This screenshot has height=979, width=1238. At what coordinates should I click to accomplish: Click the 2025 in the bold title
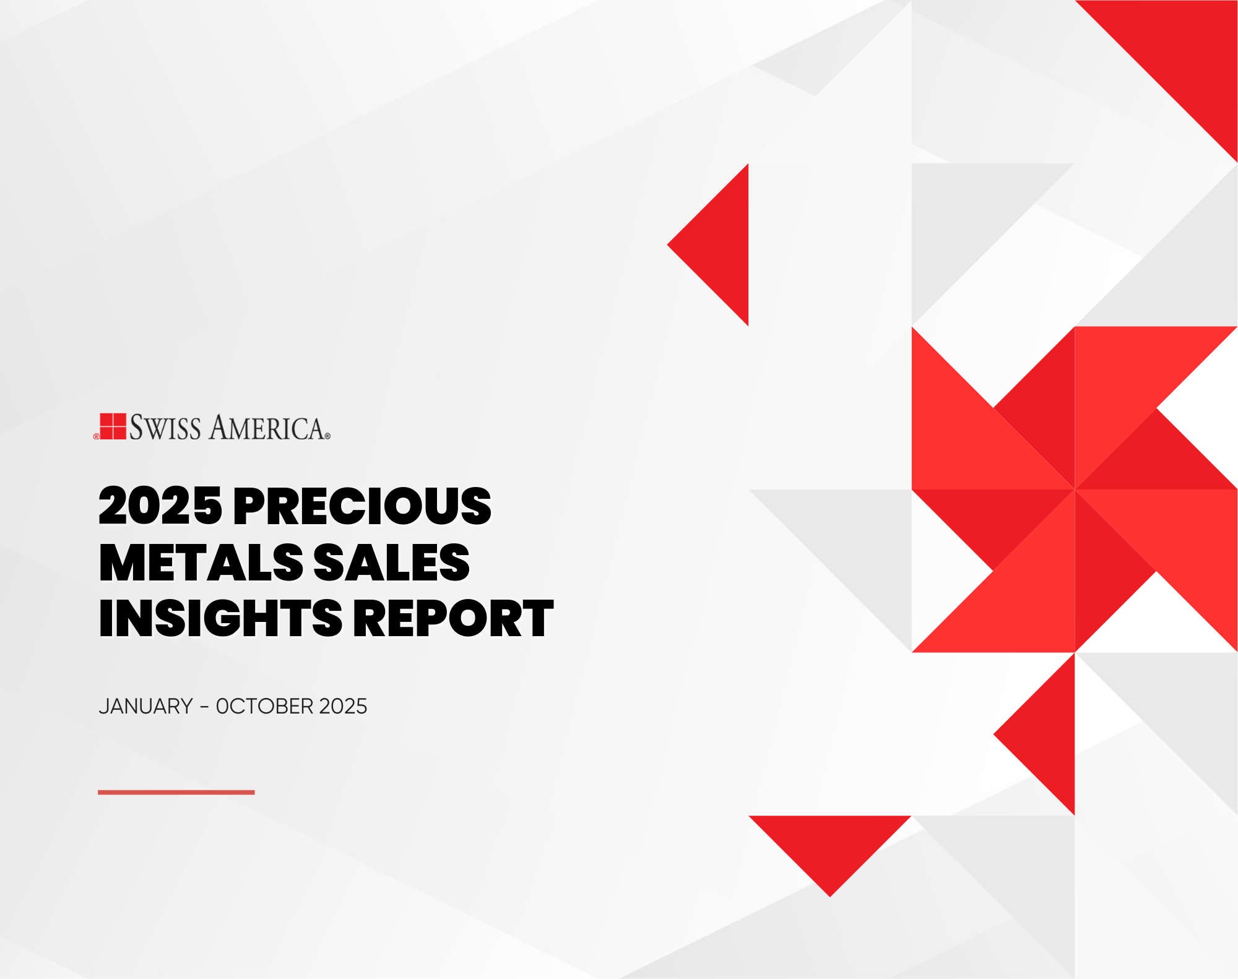click(160, 506)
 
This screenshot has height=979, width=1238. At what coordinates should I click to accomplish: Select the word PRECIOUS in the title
click(362, 506)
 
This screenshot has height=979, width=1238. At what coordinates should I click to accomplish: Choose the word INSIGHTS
click(220, 618)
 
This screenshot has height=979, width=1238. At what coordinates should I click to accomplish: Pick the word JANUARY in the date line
click(146, 706)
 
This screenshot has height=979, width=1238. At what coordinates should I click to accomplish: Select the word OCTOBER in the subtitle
click(264, 706)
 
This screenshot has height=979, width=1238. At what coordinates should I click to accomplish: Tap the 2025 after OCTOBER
click(343, 706)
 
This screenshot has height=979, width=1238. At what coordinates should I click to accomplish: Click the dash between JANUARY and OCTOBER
click(204, 707)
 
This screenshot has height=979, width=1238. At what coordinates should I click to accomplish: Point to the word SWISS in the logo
click(165, 428)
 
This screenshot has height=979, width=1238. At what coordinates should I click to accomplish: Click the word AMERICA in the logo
click(267, 428)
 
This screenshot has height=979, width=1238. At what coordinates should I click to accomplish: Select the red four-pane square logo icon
click(113, 426)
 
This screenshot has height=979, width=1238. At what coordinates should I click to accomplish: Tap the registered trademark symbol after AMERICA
click(327, 436)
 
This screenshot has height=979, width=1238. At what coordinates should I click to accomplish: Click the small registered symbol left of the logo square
click(96, 436)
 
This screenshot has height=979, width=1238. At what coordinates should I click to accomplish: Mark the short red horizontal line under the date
click(176, 792)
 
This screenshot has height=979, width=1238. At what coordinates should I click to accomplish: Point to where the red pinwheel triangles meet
click(1075, 489)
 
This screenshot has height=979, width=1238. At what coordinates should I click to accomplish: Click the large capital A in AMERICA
click(220, 427)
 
